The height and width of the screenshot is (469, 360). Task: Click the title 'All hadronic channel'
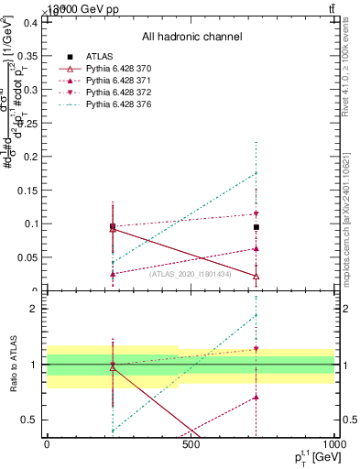point(191,37)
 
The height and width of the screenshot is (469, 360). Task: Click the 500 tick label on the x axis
point(191,445)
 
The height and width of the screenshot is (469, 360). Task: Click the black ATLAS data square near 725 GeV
point(256,226)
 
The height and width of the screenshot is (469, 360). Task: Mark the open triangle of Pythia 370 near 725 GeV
point(256,276)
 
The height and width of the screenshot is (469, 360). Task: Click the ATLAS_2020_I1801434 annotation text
point(191,274)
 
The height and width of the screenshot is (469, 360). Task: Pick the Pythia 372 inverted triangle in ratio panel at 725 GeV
point(256,349)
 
